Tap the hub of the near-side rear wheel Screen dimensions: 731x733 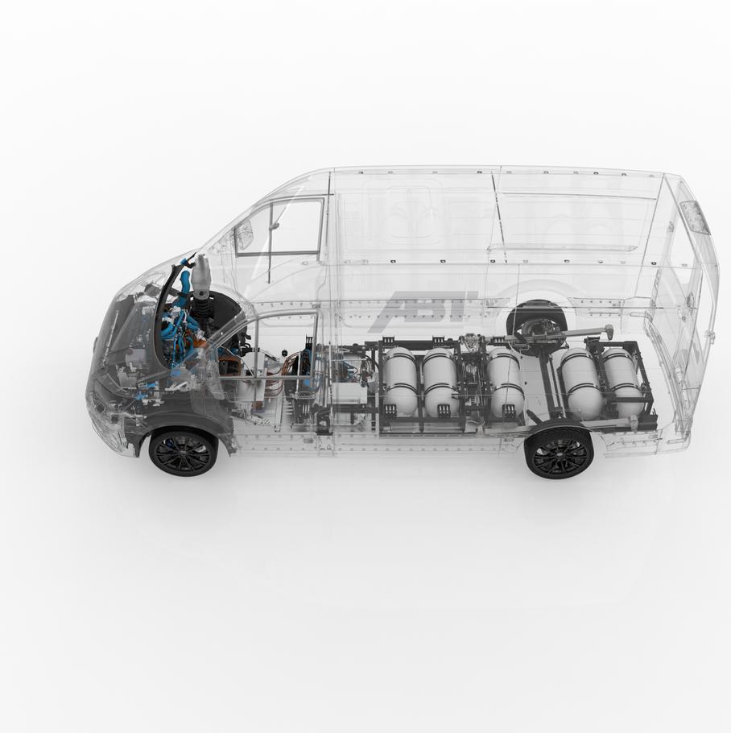(x=560, y=452)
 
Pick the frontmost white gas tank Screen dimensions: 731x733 (x=400, y=381)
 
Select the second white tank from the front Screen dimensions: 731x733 (x=441, y=383)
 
